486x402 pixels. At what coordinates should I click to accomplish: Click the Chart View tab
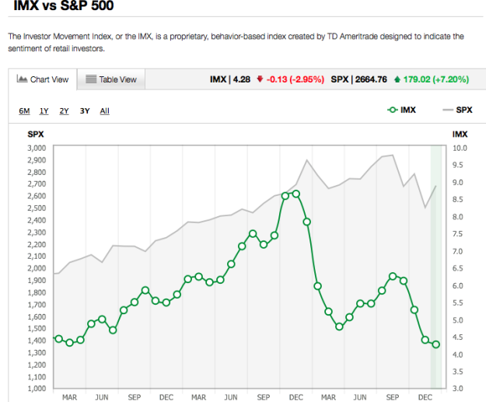pyautogui.click(x=43, y=79)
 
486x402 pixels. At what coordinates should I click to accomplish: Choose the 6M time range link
pyautogui.click(x=25, y=110)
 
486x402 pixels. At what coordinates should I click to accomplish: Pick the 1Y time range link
pyautogui.click(x=44, y=110)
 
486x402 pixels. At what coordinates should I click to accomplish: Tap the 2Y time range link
pyautogui.click(x=64, y=110)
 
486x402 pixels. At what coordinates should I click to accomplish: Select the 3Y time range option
pyautogui.click(x=84, y=110)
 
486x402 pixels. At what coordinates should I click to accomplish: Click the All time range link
pyautogui.click(x=104, y=110)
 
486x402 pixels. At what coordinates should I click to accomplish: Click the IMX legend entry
pyautogui.click(x=401, y=110)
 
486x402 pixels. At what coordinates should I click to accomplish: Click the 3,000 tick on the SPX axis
pyautogui.click(x=37, y=148)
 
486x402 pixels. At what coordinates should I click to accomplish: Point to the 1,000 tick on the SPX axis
pyautogui.click(x=37, y=388)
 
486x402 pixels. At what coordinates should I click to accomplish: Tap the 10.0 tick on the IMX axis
pyautogui.click(x=460, y=148)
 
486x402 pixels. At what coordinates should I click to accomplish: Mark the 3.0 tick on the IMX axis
pyautogui.click(x=460, y=388)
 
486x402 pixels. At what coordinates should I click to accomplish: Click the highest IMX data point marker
pyautogui.click(x=295, y=194)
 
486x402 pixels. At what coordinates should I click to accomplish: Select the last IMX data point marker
pyautogui.click(x=435, y=344)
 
